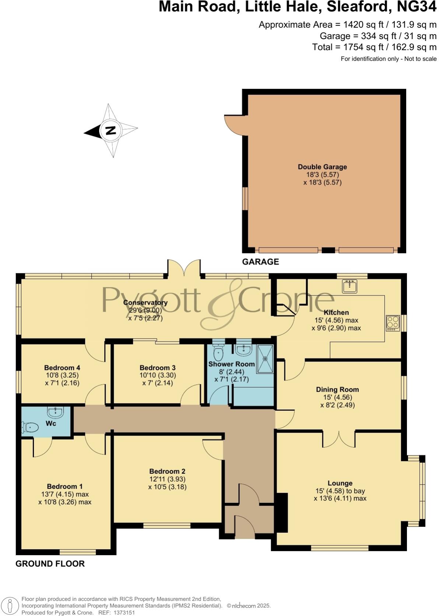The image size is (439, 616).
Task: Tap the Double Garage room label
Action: (322, 167)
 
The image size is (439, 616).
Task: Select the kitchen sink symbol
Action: (349, 286)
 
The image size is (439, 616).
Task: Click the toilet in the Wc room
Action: (31, 427)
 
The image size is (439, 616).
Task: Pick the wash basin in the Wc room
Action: (56, 412)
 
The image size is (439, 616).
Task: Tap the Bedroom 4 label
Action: (62, 368)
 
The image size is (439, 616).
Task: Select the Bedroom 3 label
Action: (157, 368)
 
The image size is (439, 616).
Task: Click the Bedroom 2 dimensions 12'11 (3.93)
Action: (167, 479)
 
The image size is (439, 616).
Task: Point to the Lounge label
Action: (340, 483)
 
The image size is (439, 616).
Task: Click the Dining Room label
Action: (337, 389)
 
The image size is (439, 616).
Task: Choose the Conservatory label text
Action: (145, 302)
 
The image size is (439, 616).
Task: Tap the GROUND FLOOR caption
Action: (50, 564)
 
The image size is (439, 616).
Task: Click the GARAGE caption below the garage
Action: (260, 262)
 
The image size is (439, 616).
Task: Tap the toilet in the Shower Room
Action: (218, 353)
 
